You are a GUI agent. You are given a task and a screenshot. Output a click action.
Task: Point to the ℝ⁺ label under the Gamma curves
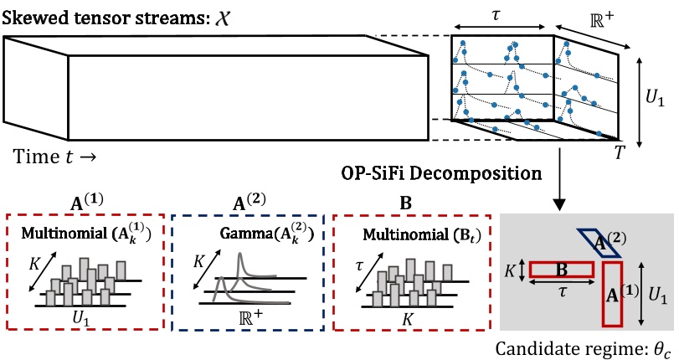[249, 318]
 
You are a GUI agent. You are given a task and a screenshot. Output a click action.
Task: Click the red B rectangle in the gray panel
[560, 270]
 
